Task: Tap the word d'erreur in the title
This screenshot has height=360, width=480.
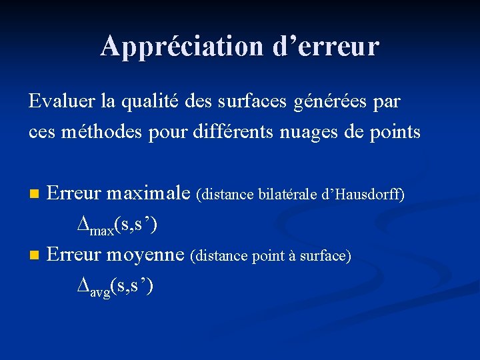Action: pos(326,46)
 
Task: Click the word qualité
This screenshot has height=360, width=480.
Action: pos(150,102)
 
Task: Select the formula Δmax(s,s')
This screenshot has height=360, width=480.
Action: pos(117,225)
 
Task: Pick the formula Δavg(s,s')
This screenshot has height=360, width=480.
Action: pos(115,286)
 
